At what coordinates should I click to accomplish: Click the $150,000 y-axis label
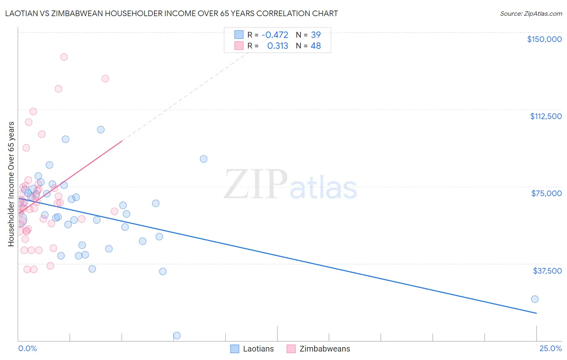[x=544, y=39]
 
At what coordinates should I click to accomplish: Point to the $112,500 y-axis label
[x=546, y=116]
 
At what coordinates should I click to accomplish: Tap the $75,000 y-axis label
[x=546, y=193]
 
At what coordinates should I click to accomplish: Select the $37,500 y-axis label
[x=547, y=271]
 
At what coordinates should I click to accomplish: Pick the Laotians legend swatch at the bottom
[x=235, y=349]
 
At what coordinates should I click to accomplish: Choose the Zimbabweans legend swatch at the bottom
[x=291, y=349]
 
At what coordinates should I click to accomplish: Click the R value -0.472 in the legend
[x=275, y=35]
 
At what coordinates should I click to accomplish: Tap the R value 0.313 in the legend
[x=277, y=46]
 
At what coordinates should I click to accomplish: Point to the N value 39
[x=316, y=35]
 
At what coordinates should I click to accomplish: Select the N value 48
[x=316, y=46]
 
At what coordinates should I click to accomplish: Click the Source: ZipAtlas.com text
[x=531, y=13]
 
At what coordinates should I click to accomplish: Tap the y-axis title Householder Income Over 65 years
[x=11, y=184]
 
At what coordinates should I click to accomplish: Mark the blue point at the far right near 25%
[x=535, y=299]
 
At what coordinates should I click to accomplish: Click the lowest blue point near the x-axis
[x=177, y=335]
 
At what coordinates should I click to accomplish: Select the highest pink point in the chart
[x=64, y=57]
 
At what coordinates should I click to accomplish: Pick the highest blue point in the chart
[x=101, y=130]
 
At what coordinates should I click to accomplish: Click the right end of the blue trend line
[x=536, y=313]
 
